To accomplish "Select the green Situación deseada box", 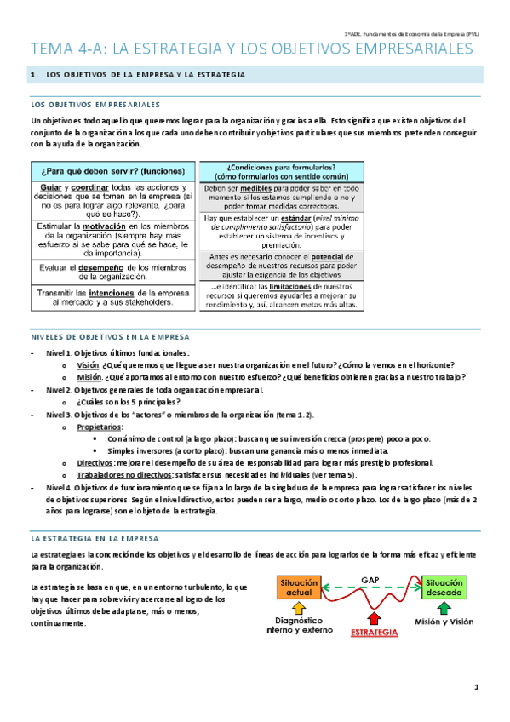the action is pyautogui.click(x=444, y=586).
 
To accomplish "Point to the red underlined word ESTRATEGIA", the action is pyautogui.click(x=374, y=633).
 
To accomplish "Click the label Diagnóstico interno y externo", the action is pyautogui.click(x=298, y=627).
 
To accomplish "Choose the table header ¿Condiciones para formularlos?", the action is pyautogui.click(x=281, y=170).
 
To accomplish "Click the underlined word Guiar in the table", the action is pyautogui.click(x=52, y=187).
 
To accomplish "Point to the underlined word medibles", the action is pyautogui.click(x=256, y=187).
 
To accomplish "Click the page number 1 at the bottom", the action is pyautogui.click(x=478, y=687).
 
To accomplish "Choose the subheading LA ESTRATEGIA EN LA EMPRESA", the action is pyautogui.click(x=100, y=539).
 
